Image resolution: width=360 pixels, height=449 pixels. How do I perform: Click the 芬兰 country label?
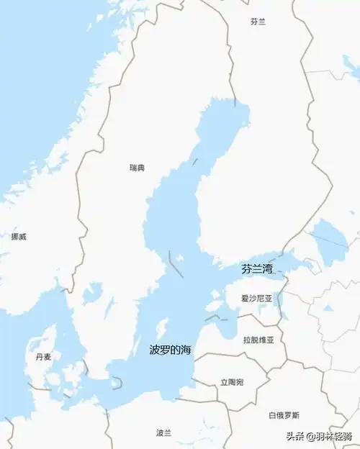258,22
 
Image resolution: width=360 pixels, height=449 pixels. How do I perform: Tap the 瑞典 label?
137,168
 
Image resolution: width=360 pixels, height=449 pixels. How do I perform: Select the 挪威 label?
19,236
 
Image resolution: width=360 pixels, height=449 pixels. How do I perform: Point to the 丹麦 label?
43,357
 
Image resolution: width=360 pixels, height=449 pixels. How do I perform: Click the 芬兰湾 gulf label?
257,269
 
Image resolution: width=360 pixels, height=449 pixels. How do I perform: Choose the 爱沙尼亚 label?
258,297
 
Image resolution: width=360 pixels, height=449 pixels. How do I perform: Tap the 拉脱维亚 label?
258,340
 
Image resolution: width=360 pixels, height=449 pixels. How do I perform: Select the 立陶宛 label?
232,382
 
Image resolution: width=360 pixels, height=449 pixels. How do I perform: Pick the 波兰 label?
164,432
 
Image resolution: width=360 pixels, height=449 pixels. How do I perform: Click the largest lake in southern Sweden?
92,293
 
